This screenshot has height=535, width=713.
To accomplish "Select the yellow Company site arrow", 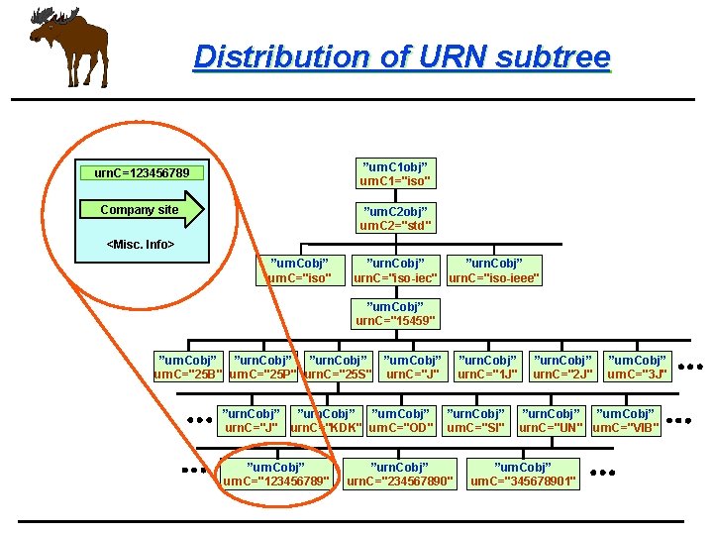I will (152, 210).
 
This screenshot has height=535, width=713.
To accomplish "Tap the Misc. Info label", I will (141, 244).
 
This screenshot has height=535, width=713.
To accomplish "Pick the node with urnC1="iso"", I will (395, 173).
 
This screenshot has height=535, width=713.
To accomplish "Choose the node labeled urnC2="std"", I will (395, 219).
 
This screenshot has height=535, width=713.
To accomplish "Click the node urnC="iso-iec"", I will (396, 270).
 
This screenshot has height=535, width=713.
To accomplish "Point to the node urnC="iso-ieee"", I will (494, 270).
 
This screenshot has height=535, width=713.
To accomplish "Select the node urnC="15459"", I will (395, 314).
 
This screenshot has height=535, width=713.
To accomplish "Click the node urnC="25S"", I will (338, 367).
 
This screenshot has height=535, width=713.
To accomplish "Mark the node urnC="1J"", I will (487, 367).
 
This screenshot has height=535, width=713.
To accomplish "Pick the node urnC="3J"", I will (638, 367).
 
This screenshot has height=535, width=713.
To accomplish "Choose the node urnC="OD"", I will (400, 420).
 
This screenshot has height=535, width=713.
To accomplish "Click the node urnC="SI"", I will (476, 420).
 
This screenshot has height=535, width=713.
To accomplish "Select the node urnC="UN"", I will (552, 420).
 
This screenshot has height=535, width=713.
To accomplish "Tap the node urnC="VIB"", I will (625, 420).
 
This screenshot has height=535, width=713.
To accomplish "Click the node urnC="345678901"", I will (523, 474).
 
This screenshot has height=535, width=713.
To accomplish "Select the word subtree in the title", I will (551, 56).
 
